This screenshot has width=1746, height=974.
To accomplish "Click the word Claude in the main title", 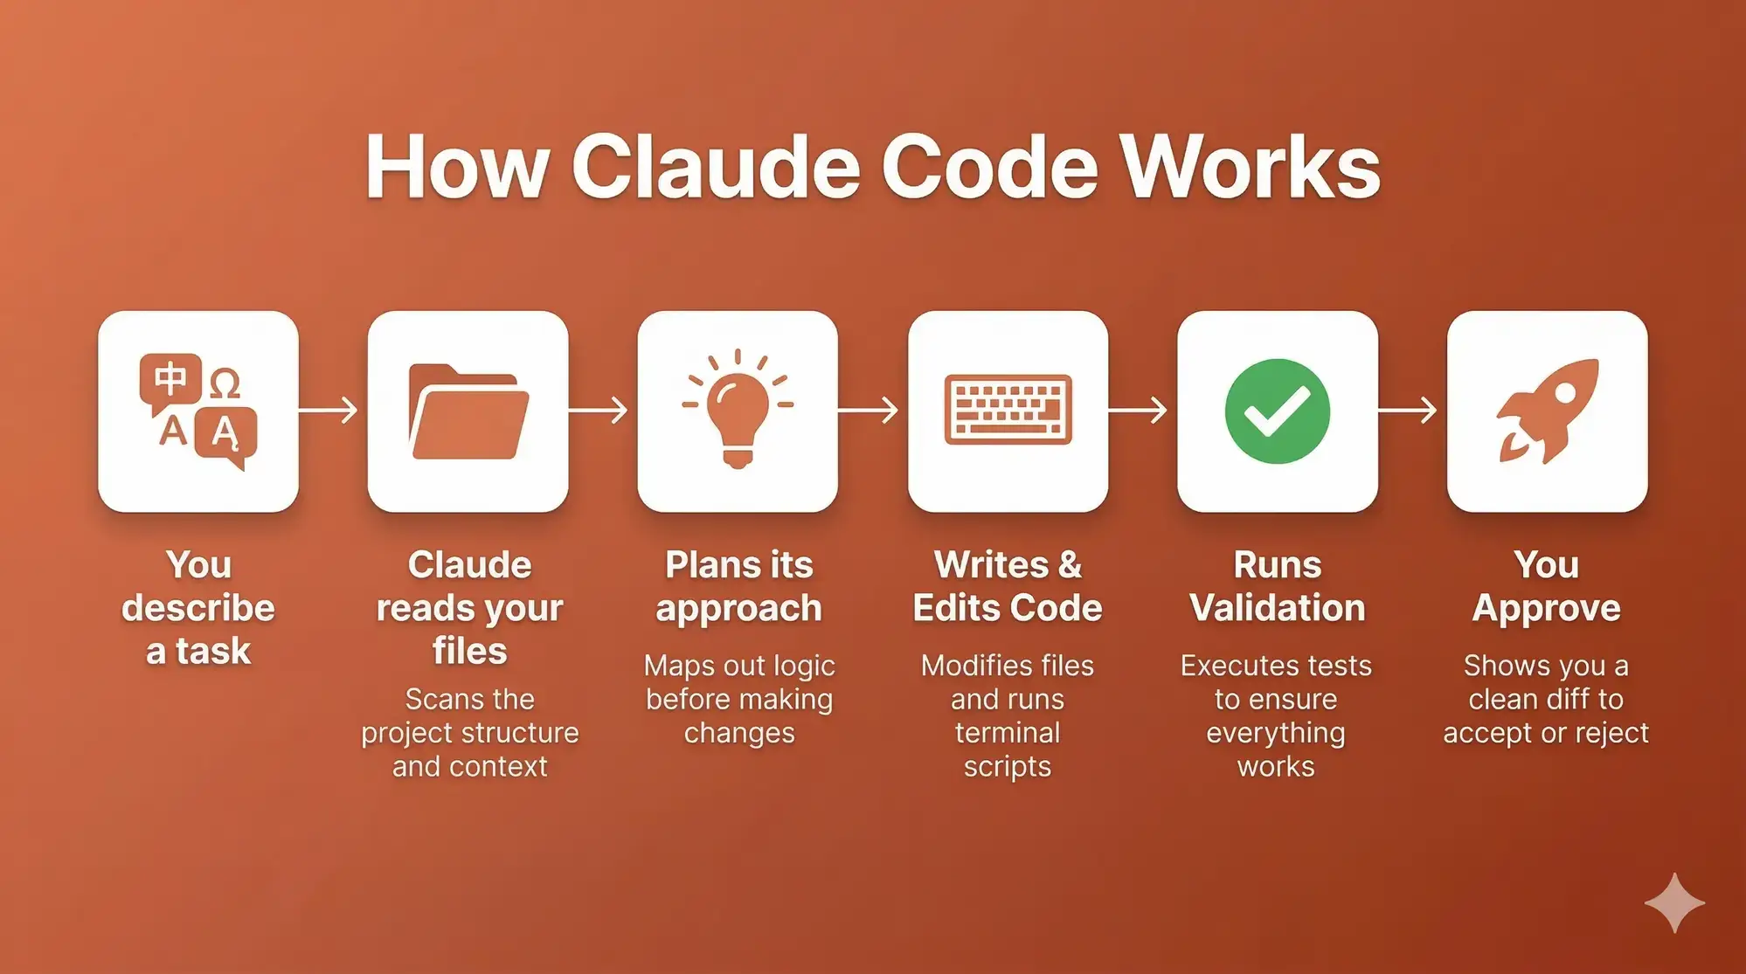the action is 717,166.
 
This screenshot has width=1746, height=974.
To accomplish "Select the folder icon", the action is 468,411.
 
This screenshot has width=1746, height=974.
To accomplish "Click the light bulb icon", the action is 738,409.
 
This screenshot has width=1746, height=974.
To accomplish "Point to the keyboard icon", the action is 1008,410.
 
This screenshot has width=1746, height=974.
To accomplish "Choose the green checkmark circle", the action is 1277,411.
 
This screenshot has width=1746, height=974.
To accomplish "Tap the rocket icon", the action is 1548,411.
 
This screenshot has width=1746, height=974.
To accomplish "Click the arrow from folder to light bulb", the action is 598,410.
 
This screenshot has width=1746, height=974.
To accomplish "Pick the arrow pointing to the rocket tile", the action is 1408,410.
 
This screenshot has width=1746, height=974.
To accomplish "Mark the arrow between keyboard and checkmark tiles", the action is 1138,410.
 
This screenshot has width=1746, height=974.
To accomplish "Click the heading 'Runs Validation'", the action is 1277,586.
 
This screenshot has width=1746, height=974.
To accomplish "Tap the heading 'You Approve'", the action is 1547,587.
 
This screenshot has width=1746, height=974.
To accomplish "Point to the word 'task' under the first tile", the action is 213,652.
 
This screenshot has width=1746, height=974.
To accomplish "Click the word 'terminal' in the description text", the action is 1008,733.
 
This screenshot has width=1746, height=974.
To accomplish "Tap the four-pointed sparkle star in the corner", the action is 1674,902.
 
